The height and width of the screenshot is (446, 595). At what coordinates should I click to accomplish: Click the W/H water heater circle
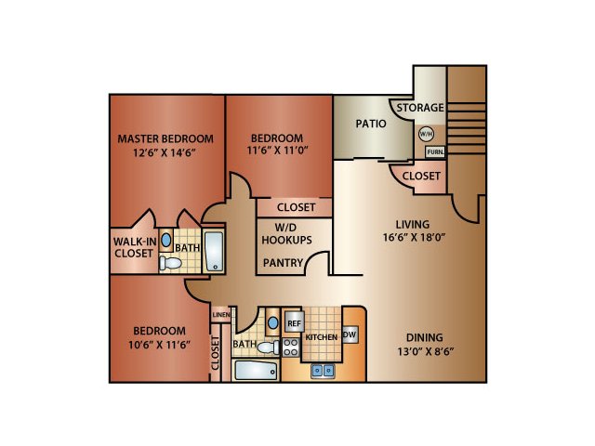426,134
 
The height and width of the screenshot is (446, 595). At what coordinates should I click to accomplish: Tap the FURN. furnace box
435,152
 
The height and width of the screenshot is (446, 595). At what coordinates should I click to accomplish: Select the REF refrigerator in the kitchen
294,323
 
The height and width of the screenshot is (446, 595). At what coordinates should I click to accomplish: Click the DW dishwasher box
350,334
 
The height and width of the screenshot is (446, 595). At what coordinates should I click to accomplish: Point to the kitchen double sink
323,371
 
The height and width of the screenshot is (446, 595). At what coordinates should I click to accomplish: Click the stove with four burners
291,348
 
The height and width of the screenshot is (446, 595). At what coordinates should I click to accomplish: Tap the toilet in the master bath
170,263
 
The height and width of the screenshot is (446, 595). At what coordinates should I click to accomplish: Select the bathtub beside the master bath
214,251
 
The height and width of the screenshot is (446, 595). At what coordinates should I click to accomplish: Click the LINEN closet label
221,315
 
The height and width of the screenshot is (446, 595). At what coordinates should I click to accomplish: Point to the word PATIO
371,124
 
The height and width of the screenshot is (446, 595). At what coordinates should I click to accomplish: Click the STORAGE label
420,108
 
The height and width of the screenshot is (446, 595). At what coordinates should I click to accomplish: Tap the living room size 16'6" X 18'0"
414,238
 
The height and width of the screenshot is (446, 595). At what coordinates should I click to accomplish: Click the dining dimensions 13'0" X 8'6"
426,351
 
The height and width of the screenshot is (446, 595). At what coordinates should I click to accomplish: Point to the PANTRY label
283,262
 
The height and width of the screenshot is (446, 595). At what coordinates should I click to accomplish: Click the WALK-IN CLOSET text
135,247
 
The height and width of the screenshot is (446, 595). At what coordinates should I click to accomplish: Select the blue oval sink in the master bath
165,240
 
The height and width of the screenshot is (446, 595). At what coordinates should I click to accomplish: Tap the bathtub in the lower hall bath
256,370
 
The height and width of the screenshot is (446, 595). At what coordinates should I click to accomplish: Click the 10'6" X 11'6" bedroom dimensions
159,345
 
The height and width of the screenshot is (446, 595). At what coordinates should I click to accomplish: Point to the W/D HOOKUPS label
286,234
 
